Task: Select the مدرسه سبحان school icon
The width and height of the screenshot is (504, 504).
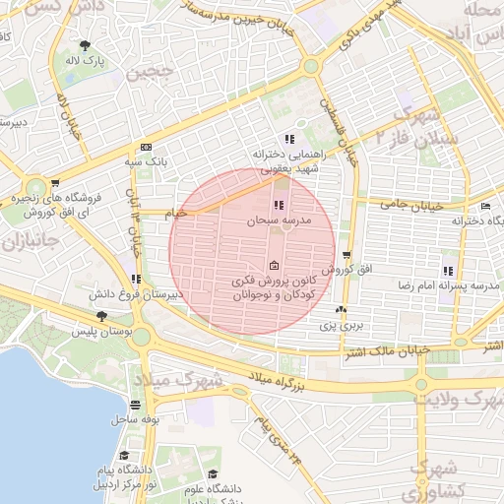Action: (x=279, y=206)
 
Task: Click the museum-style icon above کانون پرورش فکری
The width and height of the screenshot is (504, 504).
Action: (x=274, y=265)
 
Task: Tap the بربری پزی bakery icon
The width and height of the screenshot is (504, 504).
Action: (x=341, y=309)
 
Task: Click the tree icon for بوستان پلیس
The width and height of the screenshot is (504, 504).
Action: (x=102, y=316)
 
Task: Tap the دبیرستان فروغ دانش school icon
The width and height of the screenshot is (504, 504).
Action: (x=137, y=279)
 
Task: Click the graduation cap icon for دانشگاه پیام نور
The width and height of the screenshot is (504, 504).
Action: (x=125, y=456)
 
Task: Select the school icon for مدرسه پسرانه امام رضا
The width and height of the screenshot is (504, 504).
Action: (x=448, y=270)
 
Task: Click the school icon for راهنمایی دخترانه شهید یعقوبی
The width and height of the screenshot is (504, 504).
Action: (x=288, y=139)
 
